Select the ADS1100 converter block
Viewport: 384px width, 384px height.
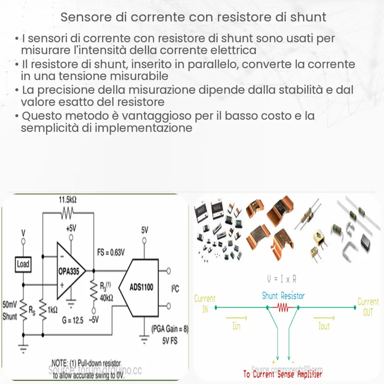[x=140, y=287]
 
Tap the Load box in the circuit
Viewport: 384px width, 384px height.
[x=23, y=264]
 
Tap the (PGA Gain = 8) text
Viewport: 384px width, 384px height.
[x=169, y=329]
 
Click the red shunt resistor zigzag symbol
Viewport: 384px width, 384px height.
[x=283, y=308]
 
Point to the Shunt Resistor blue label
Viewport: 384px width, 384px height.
[x=283, y=296]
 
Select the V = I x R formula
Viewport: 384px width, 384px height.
[x=282, y=278]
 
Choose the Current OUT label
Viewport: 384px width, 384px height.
[x=368, y=307]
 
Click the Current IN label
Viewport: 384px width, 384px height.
[x=205, y=304]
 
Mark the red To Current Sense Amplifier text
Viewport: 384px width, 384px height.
[x=283, y=373]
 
